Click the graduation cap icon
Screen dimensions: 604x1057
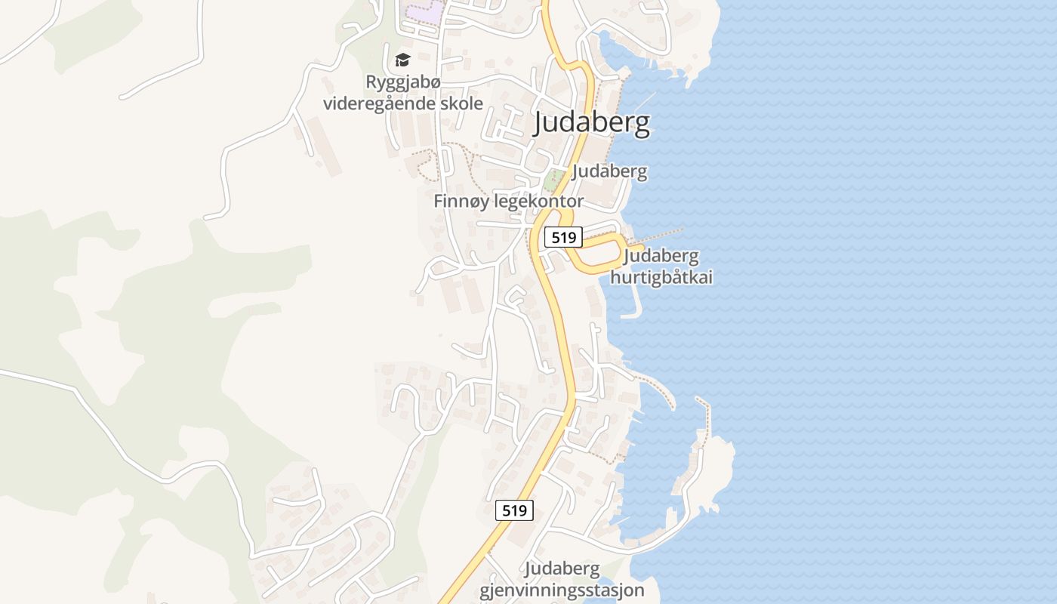402,60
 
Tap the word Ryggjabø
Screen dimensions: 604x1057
402,82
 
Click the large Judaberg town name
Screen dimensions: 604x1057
592,123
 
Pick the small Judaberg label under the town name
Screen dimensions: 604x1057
609,171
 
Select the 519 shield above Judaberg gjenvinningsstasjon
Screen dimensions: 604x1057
515,510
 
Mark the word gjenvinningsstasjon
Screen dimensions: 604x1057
562,590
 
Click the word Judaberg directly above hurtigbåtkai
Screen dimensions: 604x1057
661,257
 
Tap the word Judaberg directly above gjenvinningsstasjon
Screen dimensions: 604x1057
562,569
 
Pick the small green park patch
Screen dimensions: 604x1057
553,180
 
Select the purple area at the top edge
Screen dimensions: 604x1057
423,12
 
